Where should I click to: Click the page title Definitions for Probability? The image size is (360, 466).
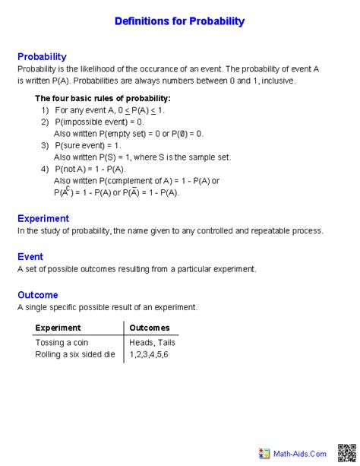(179, 21)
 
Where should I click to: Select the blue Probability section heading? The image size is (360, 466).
(42, 57)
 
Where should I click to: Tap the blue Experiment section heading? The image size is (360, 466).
(43, 218)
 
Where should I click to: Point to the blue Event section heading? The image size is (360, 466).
(30, 257)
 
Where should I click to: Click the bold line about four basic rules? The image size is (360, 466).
(103, 98)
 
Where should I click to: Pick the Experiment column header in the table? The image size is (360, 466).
(58, 328)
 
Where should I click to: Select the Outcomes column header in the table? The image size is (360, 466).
(150, 328)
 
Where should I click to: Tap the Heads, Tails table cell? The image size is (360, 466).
(153, 343)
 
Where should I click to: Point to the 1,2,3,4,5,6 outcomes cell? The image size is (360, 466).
(149, 354)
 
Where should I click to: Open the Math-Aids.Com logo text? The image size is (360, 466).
(300, 453)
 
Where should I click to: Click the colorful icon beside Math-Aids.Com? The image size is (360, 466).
(264, 453)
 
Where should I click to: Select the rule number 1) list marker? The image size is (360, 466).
(46, 110)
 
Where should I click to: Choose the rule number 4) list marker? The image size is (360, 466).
(46, 169)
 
